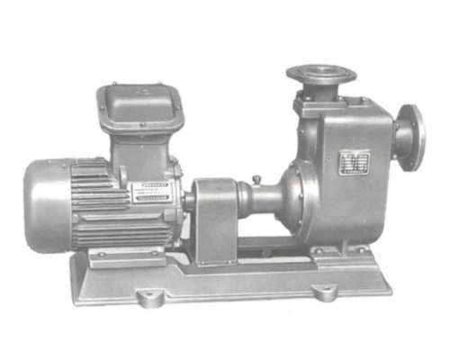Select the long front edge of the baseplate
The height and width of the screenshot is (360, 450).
click(x=234, y=290)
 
